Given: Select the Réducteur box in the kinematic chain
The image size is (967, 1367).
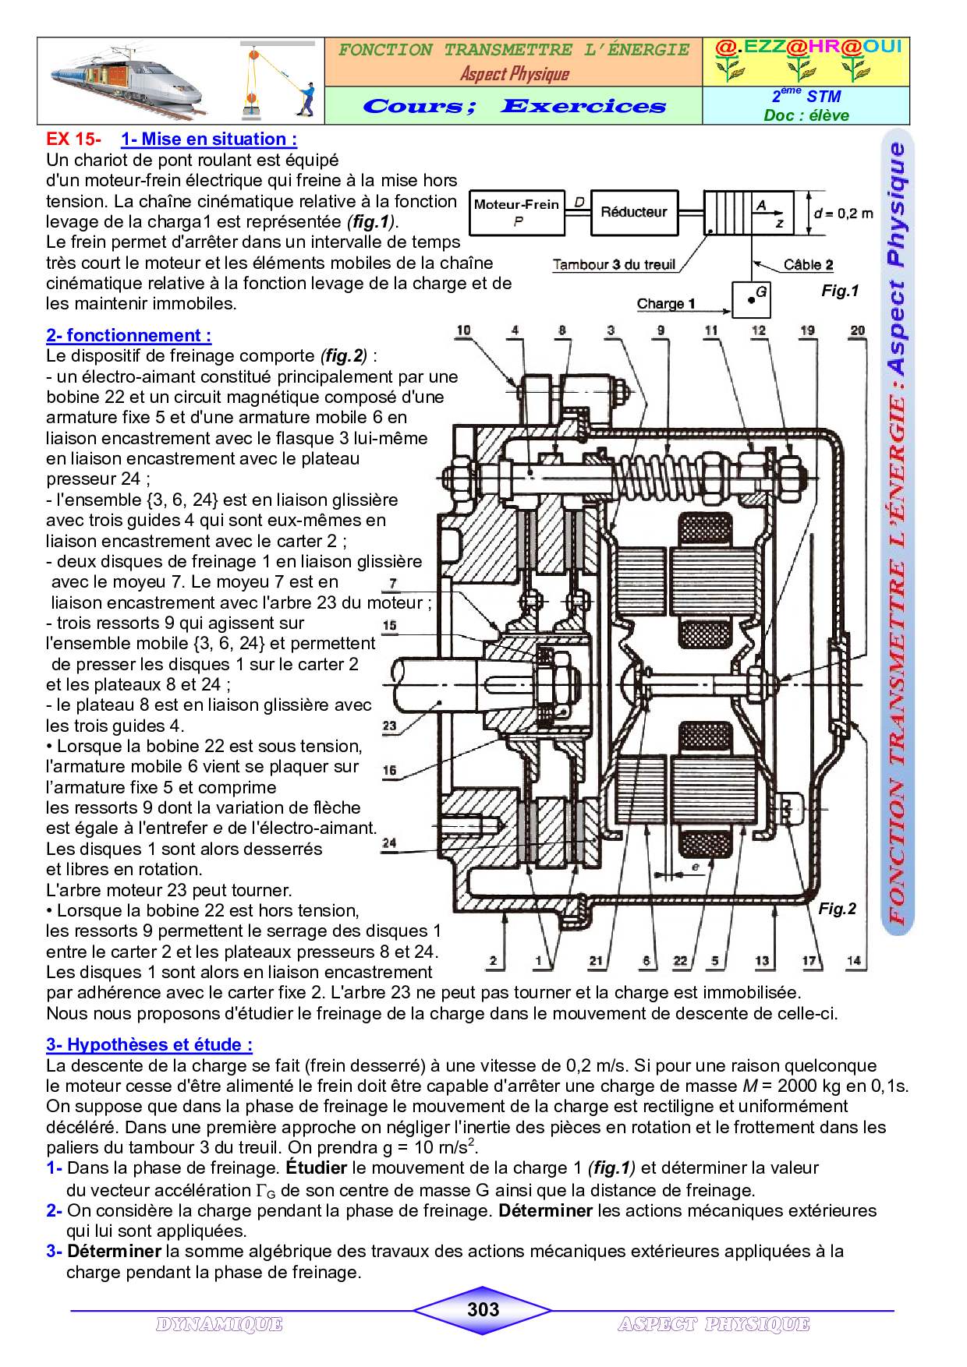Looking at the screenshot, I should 633,212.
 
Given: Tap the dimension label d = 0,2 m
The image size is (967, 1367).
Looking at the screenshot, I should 843,213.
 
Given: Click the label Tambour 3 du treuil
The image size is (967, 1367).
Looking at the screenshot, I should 614,264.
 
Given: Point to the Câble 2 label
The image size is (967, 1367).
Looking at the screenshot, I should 808,264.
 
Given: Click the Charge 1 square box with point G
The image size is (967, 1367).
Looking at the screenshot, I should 751,299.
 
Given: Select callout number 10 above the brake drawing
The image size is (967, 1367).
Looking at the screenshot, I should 463,330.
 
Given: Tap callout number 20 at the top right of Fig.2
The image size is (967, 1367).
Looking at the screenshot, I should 857,330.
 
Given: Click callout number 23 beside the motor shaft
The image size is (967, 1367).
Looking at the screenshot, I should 389,726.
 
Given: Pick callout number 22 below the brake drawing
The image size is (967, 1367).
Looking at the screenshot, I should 680,960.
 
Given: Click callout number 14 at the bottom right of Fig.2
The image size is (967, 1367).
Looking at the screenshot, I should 855,960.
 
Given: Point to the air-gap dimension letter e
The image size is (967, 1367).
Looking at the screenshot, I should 695,866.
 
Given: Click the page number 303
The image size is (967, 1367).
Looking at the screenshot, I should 483,1309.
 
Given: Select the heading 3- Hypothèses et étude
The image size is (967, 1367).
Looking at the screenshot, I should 149,1044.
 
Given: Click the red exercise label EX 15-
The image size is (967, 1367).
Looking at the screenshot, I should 73,140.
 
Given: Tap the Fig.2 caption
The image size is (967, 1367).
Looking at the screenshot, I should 837,909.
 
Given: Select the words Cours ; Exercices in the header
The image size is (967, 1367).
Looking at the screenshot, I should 514,106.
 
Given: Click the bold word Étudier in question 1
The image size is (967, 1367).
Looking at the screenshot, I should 316,1167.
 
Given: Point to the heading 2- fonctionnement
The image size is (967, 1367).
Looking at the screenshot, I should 129,336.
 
